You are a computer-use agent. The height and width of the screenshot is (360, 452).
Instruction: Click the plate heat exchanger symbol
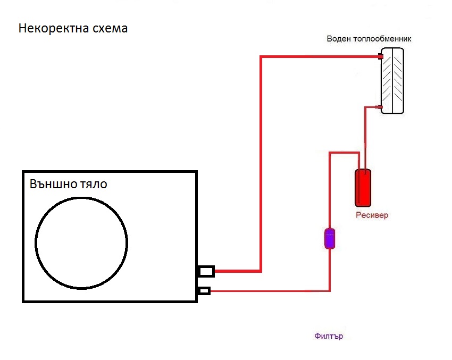[392, 80]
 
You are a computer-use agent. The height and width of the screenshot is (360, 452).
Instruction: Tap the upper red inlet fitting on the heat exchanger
[381, 56]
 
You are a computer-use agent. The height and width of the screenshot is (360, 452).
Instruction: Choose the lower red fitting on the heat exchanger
[380, 107]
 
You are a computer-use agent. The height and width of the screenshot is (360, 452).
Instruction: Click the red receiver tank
[363, 188]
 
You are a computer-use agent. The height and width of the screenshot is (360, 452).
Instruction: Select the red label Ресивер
[372, 215]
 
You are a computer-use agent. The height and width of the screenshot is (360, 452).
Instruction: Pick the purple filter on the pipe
[330, 239]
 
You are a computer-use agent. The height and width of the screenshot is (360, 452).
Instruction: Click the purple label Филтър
[329, 336]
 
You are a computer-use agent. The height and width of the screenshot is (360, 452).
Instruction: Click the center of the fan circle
[81, 242]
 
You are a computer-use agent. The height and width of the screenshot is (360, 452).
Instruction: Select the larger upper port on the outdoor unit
[206, 271]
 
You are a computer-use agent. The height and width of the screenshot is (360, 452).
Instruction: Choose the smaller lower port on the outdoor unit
[204, 290]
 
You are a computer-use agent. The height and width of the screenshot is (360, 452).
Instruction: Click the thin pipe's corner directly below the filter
[330, 290]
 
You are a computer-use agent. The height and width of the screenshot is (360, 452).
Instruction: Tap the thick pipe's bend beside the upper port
[261, 271]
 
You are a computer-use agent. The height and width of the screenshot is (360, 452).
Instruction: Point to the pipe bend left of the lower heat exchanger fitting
[365, 108]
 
